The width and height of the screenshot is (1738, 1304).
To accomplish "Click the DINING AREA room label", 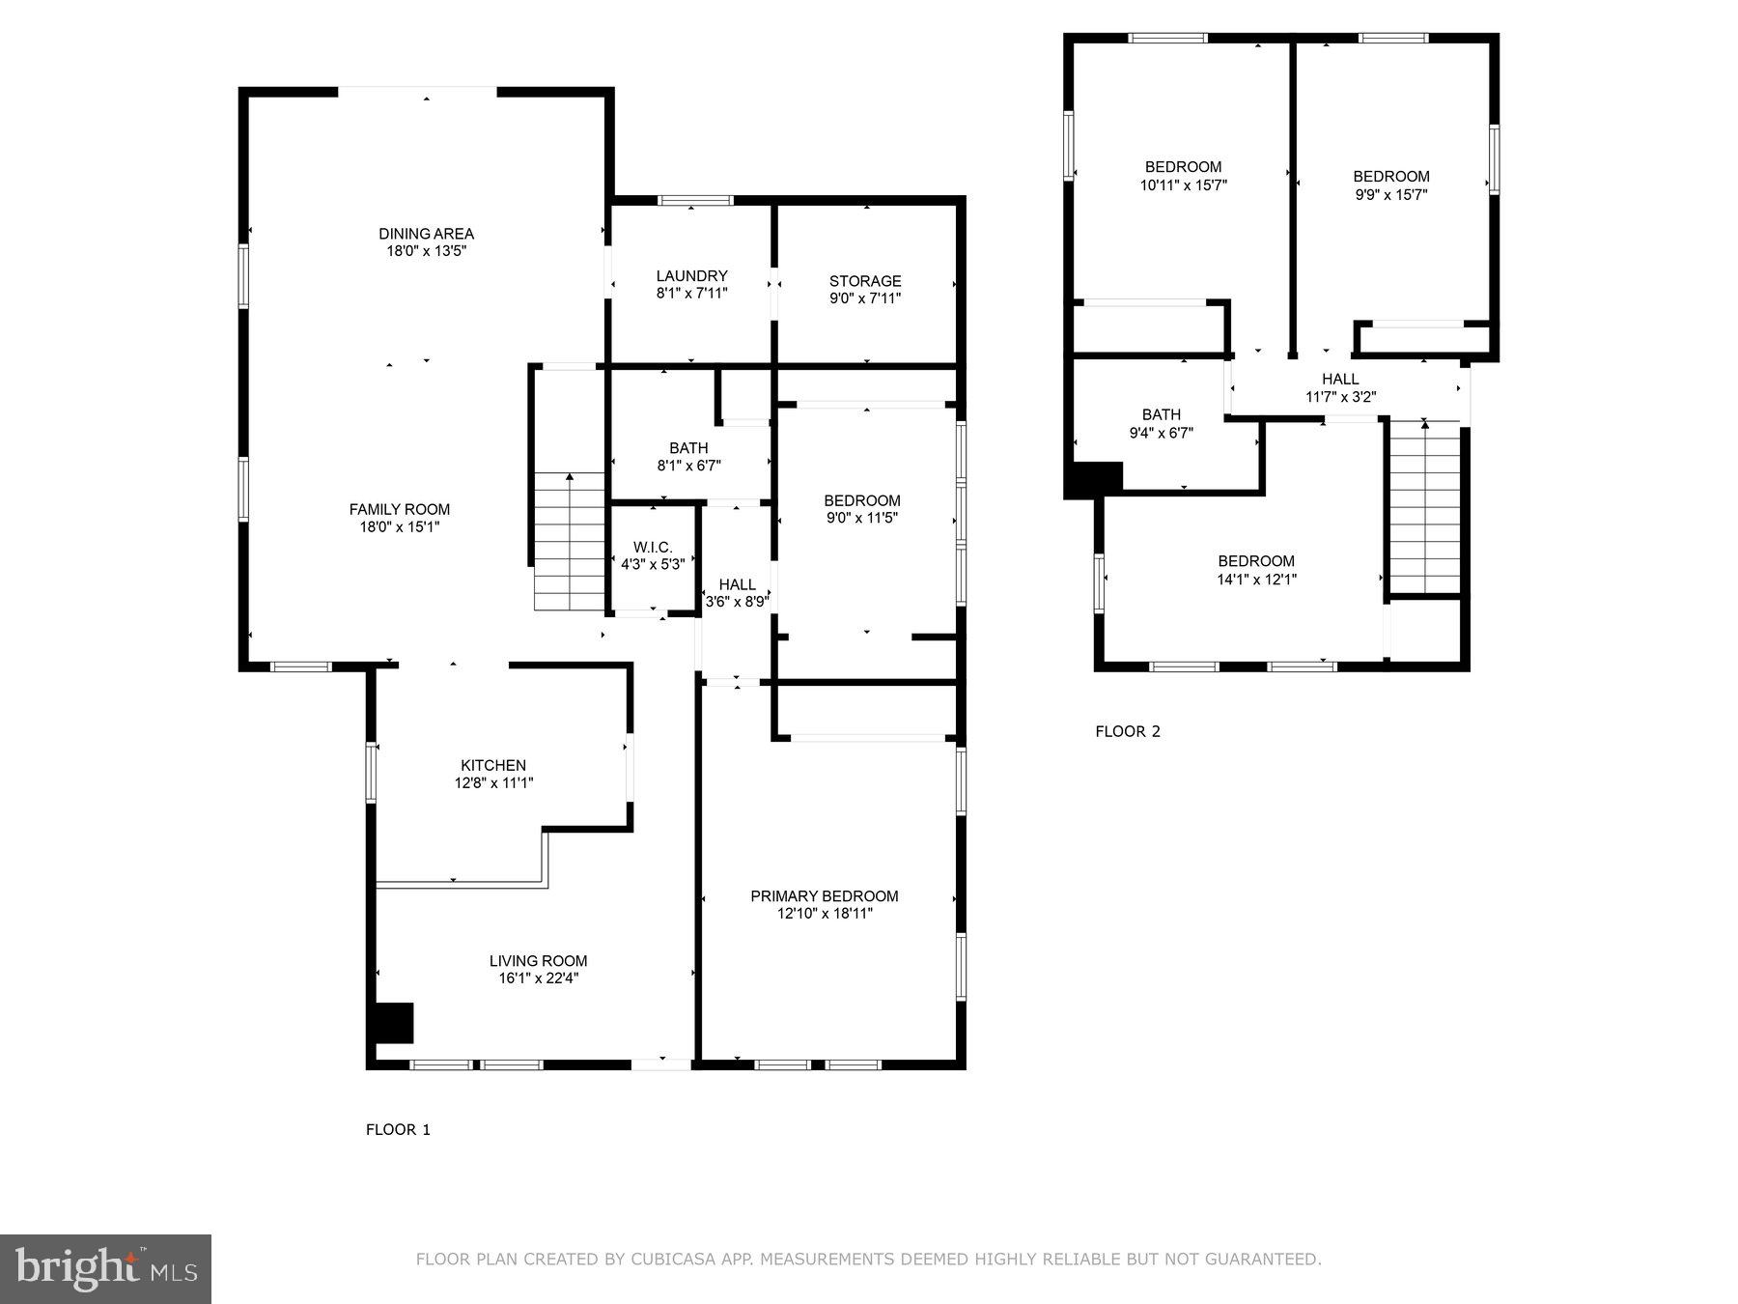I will (x=426, y=234).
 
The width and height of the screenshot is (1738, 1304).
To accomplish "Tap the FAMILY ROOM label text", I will (x=399, y=510).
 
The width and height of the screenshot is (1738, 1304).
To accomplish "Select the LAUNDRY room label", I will (x=691, y=276).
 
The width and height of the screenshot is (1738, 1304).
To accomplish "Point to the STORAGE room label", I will (x=865, y=282).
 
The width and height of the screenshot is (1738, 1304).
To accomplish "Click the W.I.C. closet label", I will (x=653, y=548).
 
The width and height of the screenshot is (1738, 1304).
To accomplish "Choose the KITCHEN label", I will (x=493, y=766).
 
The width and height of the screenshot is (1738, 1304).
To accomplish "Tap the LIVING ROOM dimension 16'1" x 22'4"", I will (x=538, y=978).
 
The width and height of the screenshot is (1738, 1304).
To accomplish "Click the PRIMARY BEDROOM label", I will (x=824, y=896).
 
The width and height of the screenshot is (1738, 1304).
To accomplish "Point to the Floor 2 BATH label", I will (x=1161, y=415).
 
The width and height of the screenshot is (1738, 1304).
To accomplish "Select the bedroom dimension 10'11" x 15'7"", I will (x=1183, y=185).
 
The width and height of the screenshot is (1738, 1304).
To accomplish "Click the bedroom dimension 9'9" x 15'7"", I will (x=1390, y=195).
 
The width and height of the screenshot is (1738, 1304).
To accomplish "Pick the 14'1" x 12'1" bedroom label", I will (x=1256, y=580).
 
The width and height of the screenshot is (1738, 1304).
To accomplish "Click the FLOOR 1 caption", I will (x=398, y=1129).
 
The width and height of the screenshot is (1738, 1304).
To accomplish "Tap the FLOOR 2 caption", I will (x=1127, y=731).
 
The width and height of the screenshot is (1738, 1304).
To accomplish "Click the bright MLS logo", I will (x=105, y=1268).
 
